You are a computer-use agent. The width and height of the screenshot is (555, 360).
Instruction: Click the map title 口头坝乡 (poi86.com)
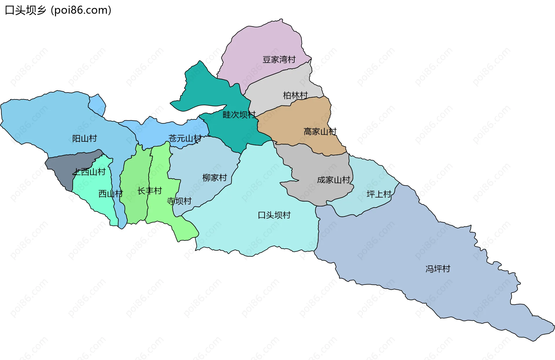pos(58,10)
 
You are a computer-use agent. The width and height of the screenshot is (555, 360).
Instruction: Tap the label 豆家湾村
pos(279,60)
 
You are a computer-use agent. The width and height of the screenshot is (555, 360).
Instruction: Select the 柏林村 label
pos(295,95)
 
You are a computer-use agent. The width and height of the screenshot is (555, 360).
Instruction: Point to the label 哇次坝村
pos(239,115)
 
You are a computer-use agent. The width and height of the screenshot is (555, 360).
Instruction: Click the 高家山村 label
pos(320,132)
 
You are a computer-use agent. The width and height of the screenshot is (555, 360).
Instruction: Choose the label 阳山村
pos(84,139)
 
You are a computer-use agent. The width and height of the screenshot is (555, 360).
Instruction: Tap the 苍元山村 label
pos(185,139)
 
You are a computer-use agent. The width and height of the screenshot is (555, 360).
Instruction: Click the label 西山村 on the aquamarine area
pos(110,193)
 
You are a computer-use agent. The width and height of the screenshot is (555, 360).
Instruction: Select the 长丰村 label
pos(149,191)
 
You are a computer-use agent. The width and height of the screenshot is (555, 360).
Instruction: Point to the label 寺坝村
pos(179,201)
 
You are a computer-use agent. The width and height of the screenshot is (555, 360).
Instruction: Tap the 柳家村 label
pos(214,178)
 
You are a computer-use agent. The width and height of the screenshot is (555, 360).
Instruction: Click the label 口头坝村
pos(274,215)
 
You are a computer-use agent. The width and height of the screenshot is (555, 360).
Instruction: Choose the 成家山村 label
pos(334,180)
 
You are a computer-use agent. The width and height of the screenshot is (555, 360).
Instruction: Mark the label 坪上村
pos(379,194)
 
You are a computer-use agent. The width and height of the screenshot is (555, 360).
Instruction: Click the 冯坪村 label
pos(438,269)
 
